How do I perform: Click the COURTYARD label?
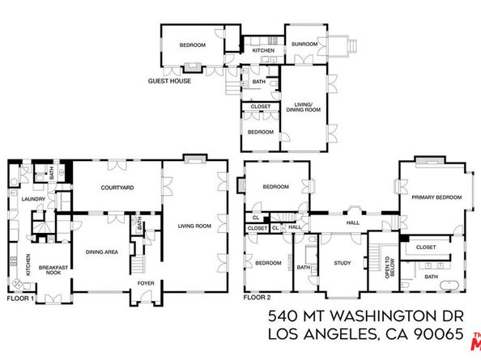click(117, 188)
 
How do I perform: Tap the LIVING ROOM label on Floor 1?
click(194, 227)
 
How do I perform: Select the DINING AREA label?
click(102, 252)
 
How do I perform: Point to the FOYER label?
click(145, 284)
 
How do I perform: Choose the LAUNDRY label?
click(33, 198)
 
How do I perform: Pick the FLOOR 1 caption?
click(21, 298)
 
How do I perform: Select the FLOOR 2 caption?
click(257, 298)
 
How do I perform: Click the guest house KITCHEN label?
click(264, 51)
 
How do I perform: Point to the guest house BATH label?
click(259, 82)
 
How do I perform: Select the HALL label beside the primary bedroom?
click(353, 222)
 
